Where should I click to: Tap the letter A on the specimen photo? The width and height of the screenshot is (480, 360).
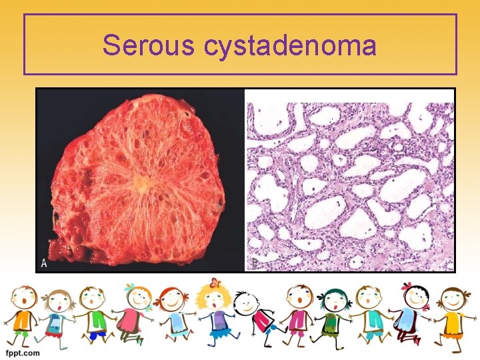(x=45, y=263)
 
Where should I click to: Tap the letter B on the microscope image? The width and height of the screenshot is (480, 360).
(x=254, y=263)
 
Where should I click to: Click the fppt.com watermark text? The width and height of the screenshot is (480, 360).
(x=21, y=352)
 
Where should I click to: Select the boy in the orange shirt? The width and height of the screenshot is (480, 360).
(x=22, y=313)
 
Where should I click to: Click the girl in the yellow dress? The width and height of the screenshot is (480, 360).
(x=453, y=317)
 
